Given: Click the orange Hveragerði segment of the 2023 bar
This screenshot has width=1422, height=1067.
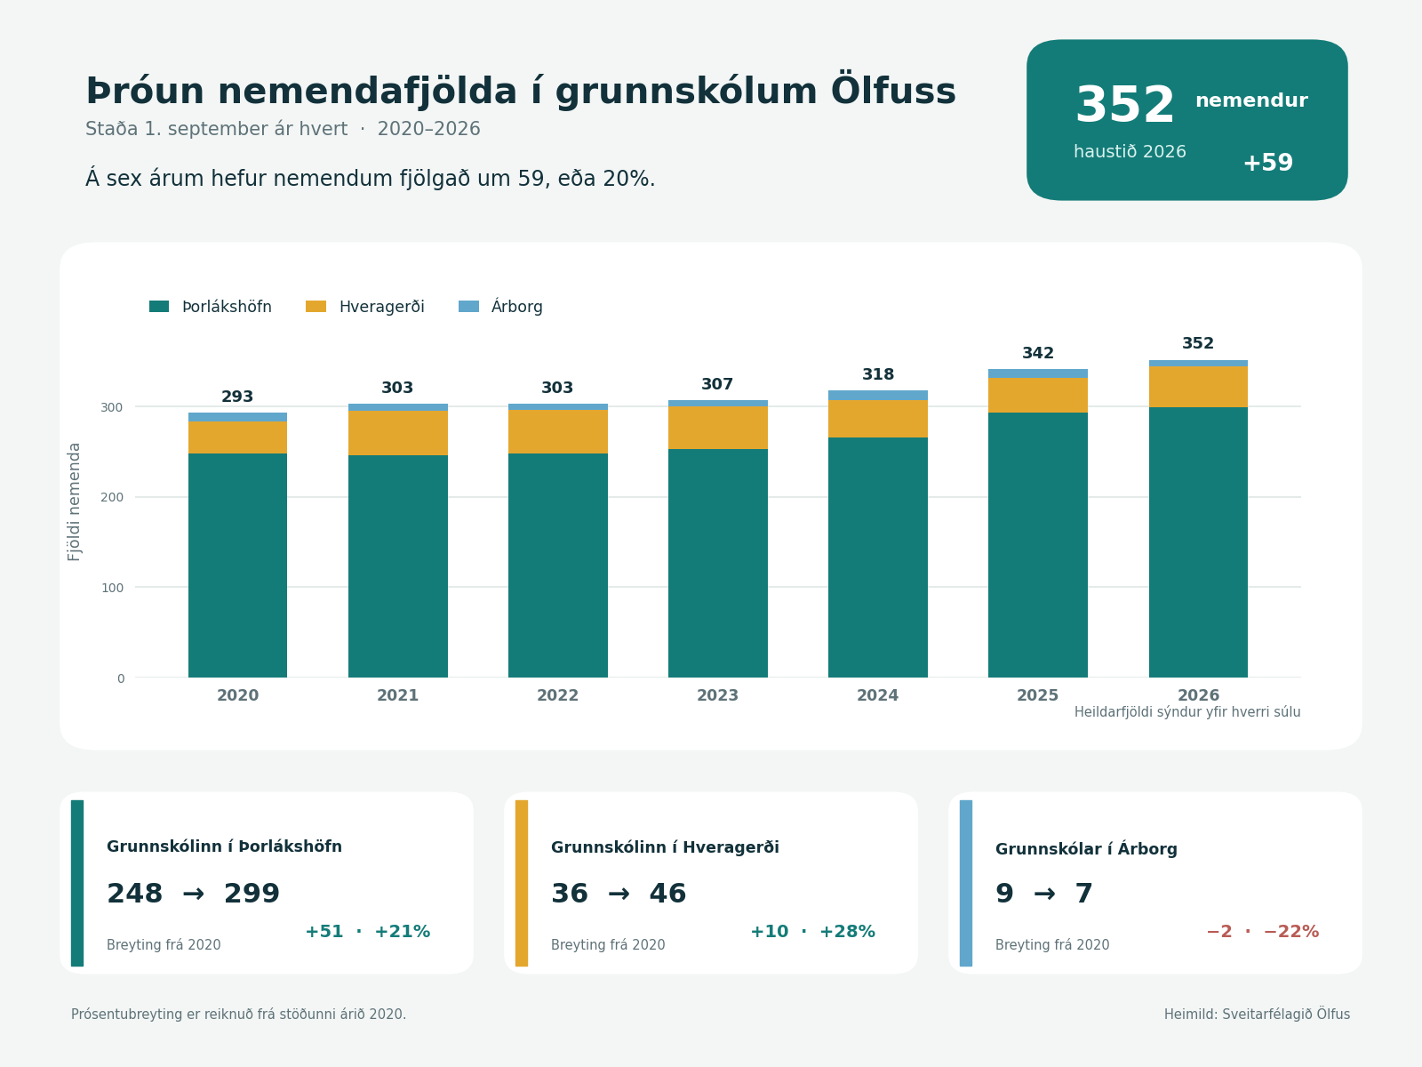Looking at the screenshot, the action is (x=718, y=428).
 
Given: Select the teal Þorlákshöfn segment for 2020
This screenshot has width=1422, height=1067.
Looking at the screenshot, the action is (x=238, y=566).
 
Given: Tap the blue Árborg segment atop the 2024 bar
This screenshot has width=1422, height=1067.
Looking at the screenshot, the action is (x=878, y=395).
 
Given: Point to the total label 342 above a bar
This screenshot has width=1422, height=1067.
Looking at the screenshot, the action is (x=1038, y=353).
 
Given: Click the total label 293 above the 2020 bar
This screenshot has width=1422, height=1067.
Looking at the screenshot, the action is (x=237, y=397).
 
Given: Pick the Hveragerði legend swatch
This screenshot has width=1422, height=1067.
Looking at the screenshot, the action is (x=316, y=307).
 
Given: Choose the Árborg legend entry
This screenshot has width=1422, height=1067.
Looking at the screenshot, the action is (x=500, y=306).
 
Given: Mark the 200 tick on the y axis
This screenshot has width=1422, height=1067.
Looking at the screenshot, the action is (x=112, y=498).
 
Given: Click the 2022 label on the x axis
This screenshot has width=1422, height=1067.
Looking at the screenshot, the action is (x=558, y=696).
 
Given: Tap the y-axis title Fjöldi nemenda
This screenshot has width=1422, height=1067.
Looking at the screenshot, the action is (x=75, y=502).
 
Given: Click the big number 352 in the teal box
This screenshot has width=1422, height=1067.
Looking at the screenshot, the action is (x=1124, y=105).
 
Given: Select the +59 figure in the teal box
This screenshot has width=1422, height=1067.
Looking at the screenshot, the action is (x=1268, y=163).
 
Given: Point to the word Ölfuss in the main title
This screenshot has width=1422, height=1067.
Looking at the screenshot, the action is (x=893, y=90).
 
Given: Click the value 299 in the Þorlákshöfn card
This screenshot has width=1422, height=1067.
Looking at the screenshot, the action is (x=252, y=894).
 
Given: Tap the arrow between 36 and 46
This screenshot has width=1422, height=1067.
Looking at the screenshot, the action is (x=619, y=894).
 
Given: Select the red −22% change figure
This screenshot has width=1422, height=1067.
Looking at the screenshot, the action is (x=1291, y=932).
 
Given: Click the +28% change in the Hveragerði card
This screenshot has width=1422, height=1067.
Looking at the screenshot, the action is (x=847, y=932).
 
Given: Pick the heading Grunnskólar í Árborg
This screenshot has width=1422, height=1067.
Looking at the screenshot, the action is (x=1086, y=848).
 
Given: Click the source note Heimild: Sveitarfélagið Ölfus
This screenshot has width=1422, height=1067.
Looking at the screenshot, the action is (x=1257, y=1014).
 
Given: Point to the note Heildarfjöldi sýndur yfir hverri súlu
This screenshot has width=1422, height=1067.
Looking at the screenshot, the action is (x=1187, y=712).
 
